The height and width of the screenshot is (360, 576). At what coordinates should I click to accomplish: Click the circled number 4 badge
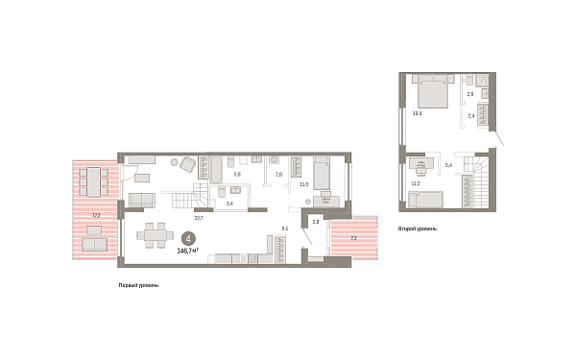189,239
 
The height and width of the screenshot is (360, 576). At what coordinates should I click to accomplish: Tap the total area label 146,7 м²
188,250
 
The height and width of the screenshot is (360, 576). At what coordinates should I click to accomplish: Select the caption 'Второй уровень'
418,229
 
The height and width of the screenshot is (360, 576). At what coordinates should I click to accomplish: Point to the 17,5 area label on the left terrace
96,216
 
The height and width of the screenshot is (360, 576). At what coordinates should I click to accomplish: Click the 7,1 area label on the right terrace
352,237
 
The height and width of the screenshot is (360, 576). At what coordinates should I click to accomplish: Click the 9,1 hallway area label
284,228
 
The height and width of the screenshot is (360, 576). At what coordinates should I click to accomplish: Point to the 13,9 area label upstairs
417,113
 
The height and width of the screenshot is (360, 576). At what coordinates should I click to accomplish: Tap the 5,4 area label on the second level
449,166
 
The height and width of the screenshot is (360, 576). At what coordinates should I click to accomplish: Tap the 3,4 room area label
228,204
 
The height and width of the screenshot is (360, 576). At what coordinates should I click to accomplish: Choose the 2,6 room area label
278,175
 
